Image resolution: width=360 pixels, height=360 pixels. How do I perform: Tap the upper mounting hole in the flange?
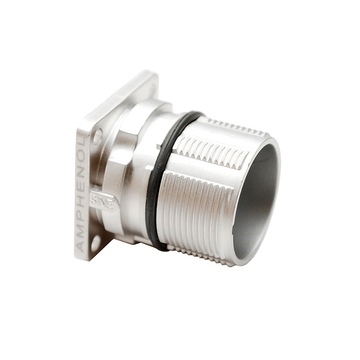point(98,134)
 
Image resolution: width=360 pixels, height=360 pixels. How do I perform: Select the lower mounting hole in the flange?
point(96,242)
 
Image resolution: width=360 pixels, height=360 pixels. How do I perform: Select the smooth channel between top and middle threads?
point(225,138)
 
